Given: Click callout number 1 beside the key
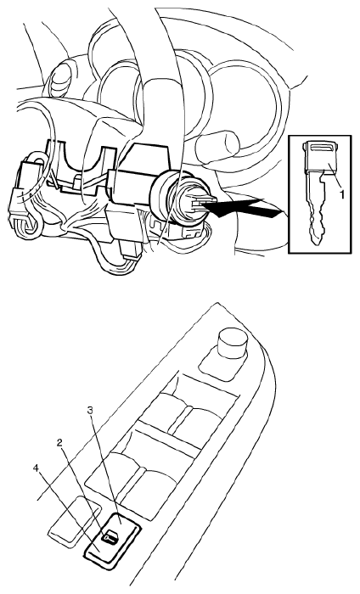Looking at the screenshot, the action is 341,194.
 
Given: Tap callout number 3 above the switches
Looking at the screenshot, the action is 90,412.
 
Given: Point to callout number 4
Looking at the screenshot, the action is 36,468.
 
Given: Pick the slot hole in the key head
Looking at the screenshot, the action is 320,148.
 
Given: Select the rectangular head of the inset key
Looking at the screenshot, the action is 319,156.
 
